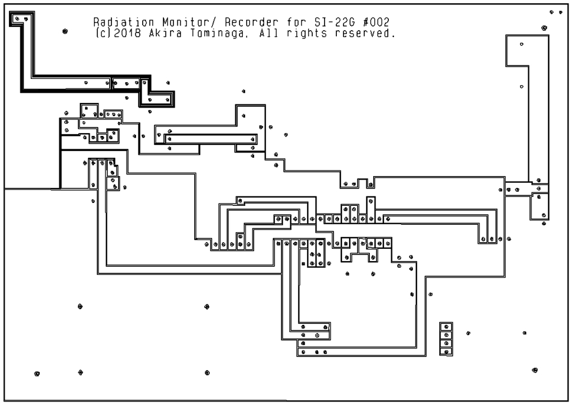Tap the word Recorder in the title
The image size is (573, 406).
tap(251, 22)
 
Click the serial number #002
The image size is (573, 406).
tap(377, 22)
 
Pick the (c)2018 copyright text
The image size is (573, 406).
tap(118, 33)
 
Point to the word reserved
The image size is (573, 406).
tap(365, 33)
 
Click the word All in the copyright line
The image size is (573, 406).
tap(269, 33)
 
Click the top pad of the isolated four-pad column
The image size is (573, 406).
tap(446, 327)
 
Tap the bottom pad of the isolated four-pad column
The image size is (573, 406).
tap(446, 352)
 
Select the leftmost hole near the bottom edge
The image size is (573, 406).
tap(37, 374)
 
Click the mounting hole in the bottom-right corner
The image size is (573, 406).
tap(535, 370)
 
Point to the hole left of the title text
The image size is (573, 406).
tap(65, 31)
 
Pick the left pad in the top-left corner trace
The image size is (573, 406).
tap(17, 18)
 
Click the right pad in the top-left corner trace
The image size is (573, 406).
tap(26, 18)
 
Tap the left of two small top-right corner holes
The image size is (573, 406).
tap(552, 12)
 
